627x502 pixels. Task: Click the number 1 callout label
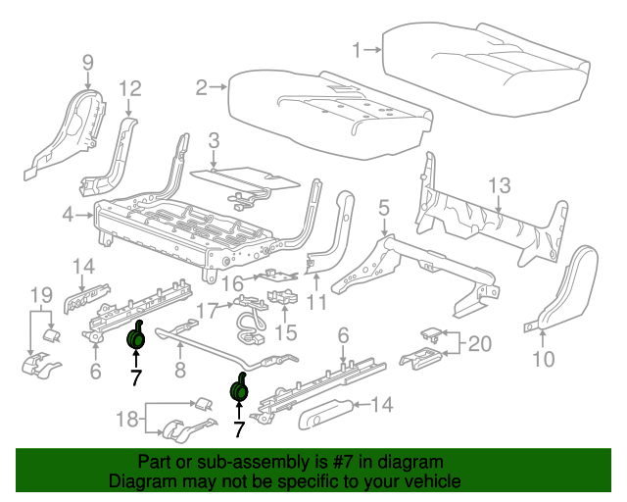pyautogui.click(x=359, y=46)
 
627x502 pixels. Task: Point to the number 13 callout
pyautogui.click(x=500, y=184)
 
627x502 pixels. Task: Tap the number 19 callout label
pyautogui.click(x=39, y=294)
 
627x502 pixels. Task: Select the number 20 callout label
pyautogui.click(x=479, y=343)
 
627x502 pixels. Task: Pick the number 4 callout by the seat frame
pyautogui.click(x=67, y=214)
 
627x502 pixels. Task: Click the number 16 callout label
pyautogui.click(x=231, y=283)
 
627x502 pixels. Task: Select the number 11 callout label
pyautogui.click(x=315, y=303)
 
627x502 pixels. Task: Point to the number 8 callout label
pyautogui.click(x=179, y=370)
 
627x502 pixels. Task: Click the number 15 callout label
pyautogui.click(x=285, y=332)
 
